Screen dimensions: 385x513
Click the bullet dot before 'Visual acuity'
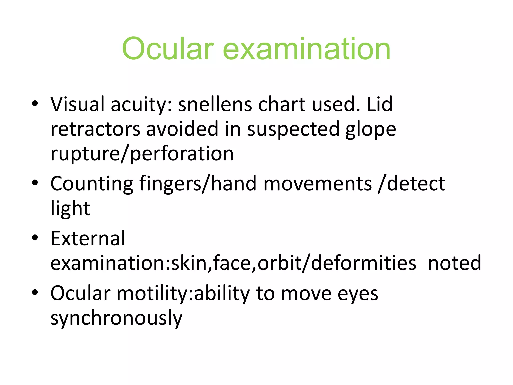[35, 103]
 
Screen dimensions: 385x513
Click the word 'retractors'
[95, 129]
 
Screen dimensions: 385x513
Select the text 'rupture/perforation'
[142, 154]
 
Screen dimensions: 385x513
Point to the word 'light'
[70, 209]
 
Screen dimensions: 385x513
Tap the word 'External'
[88, 238]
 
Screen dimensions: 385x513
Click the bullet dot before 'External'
[35, 237]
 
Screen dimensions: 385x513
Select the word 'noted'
[454, 263]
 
